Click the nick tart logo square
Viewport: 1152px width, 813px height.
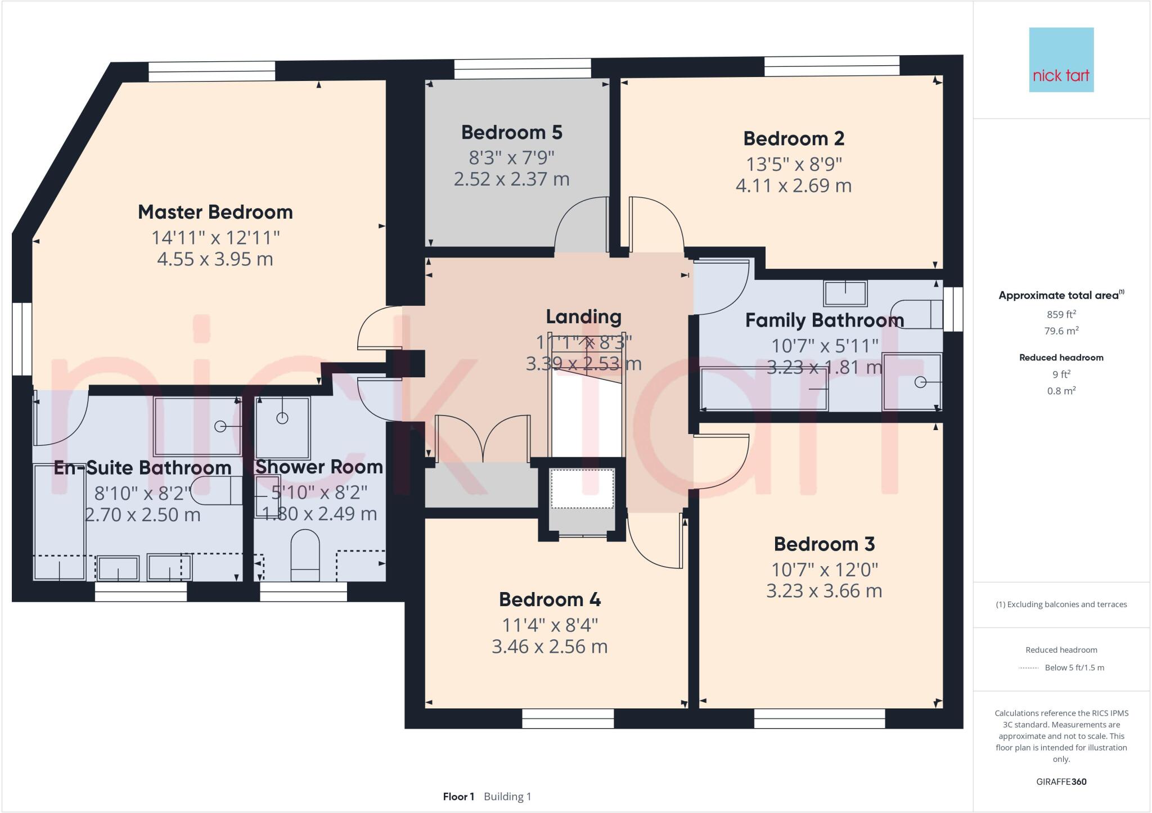coord(1061,60)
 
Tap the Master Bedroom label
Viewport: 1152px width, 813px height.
coord(215,212)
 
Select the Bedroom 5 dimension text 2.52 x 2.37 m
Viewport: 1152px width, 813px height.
coord(511,179)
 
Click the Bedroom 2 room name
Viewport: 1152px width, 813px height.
coord(793,138)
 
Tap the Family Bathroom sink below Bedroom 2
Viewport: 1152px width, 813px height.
coord(845,293)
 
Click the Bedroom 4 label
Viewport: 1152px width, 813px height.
coord(550,599)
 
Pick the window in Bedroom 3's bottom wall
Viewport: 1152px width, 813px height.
coord(819,718)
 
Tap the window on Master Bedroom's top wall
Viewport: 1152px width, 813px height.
coord(212,71)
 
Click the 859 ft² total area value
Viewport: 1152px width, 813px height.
coord(1061,314)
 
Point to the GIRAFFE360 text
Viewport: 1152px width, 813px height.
coord(1061,782)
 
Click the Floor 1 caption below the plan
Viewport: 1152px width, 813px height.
coord(458,797)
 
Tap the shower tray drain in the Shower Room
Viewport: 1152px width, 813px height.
coord(282,418)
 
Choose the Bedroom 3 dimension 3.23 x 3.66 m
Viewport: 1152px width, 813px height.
coord(824,591)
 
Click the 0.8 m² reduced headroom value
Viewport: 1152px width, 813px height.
coord(1061,391)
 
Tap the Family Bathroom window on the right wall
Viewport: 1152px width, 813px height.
coord(953,309)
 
